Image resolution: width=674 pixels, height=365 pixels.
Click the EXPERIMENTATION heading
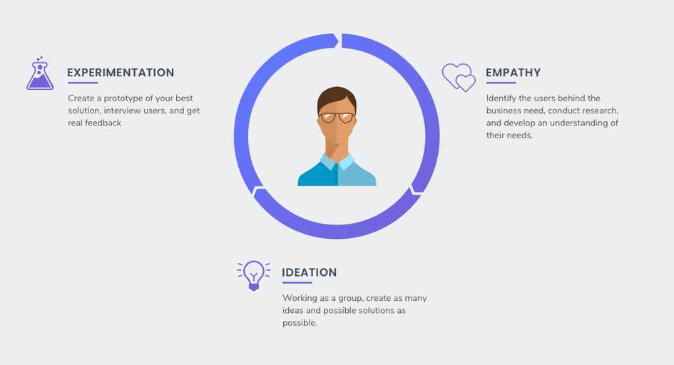(121, 73)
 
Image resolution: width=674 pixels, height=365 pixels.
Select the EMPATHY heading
(513, 73)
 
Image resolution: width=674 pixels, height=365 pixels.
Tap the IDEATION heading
(309, 272)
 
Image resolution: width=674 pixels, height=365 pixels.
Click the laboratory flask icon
(40, 74)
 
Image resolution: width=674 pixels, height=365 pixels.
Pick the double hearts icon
(459, 77)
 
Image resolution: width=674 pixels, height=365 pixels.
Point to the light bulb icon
(253, 274)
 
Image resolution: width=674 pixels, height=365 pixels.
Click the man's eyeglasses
(337, 117)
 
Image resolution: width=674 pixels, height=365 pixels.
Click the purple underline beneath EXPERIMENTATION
(82, 83)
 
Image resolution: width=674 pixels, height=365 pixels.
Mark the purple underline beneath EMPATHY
(500, 83)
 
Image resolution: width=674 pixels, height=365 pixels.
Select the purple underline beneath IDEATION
(297, 283)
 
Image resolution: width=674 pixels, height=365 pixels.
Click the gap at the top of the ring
(339, 41)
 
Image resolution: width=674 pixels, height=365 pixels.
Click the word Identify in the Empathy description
(501, 98)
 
